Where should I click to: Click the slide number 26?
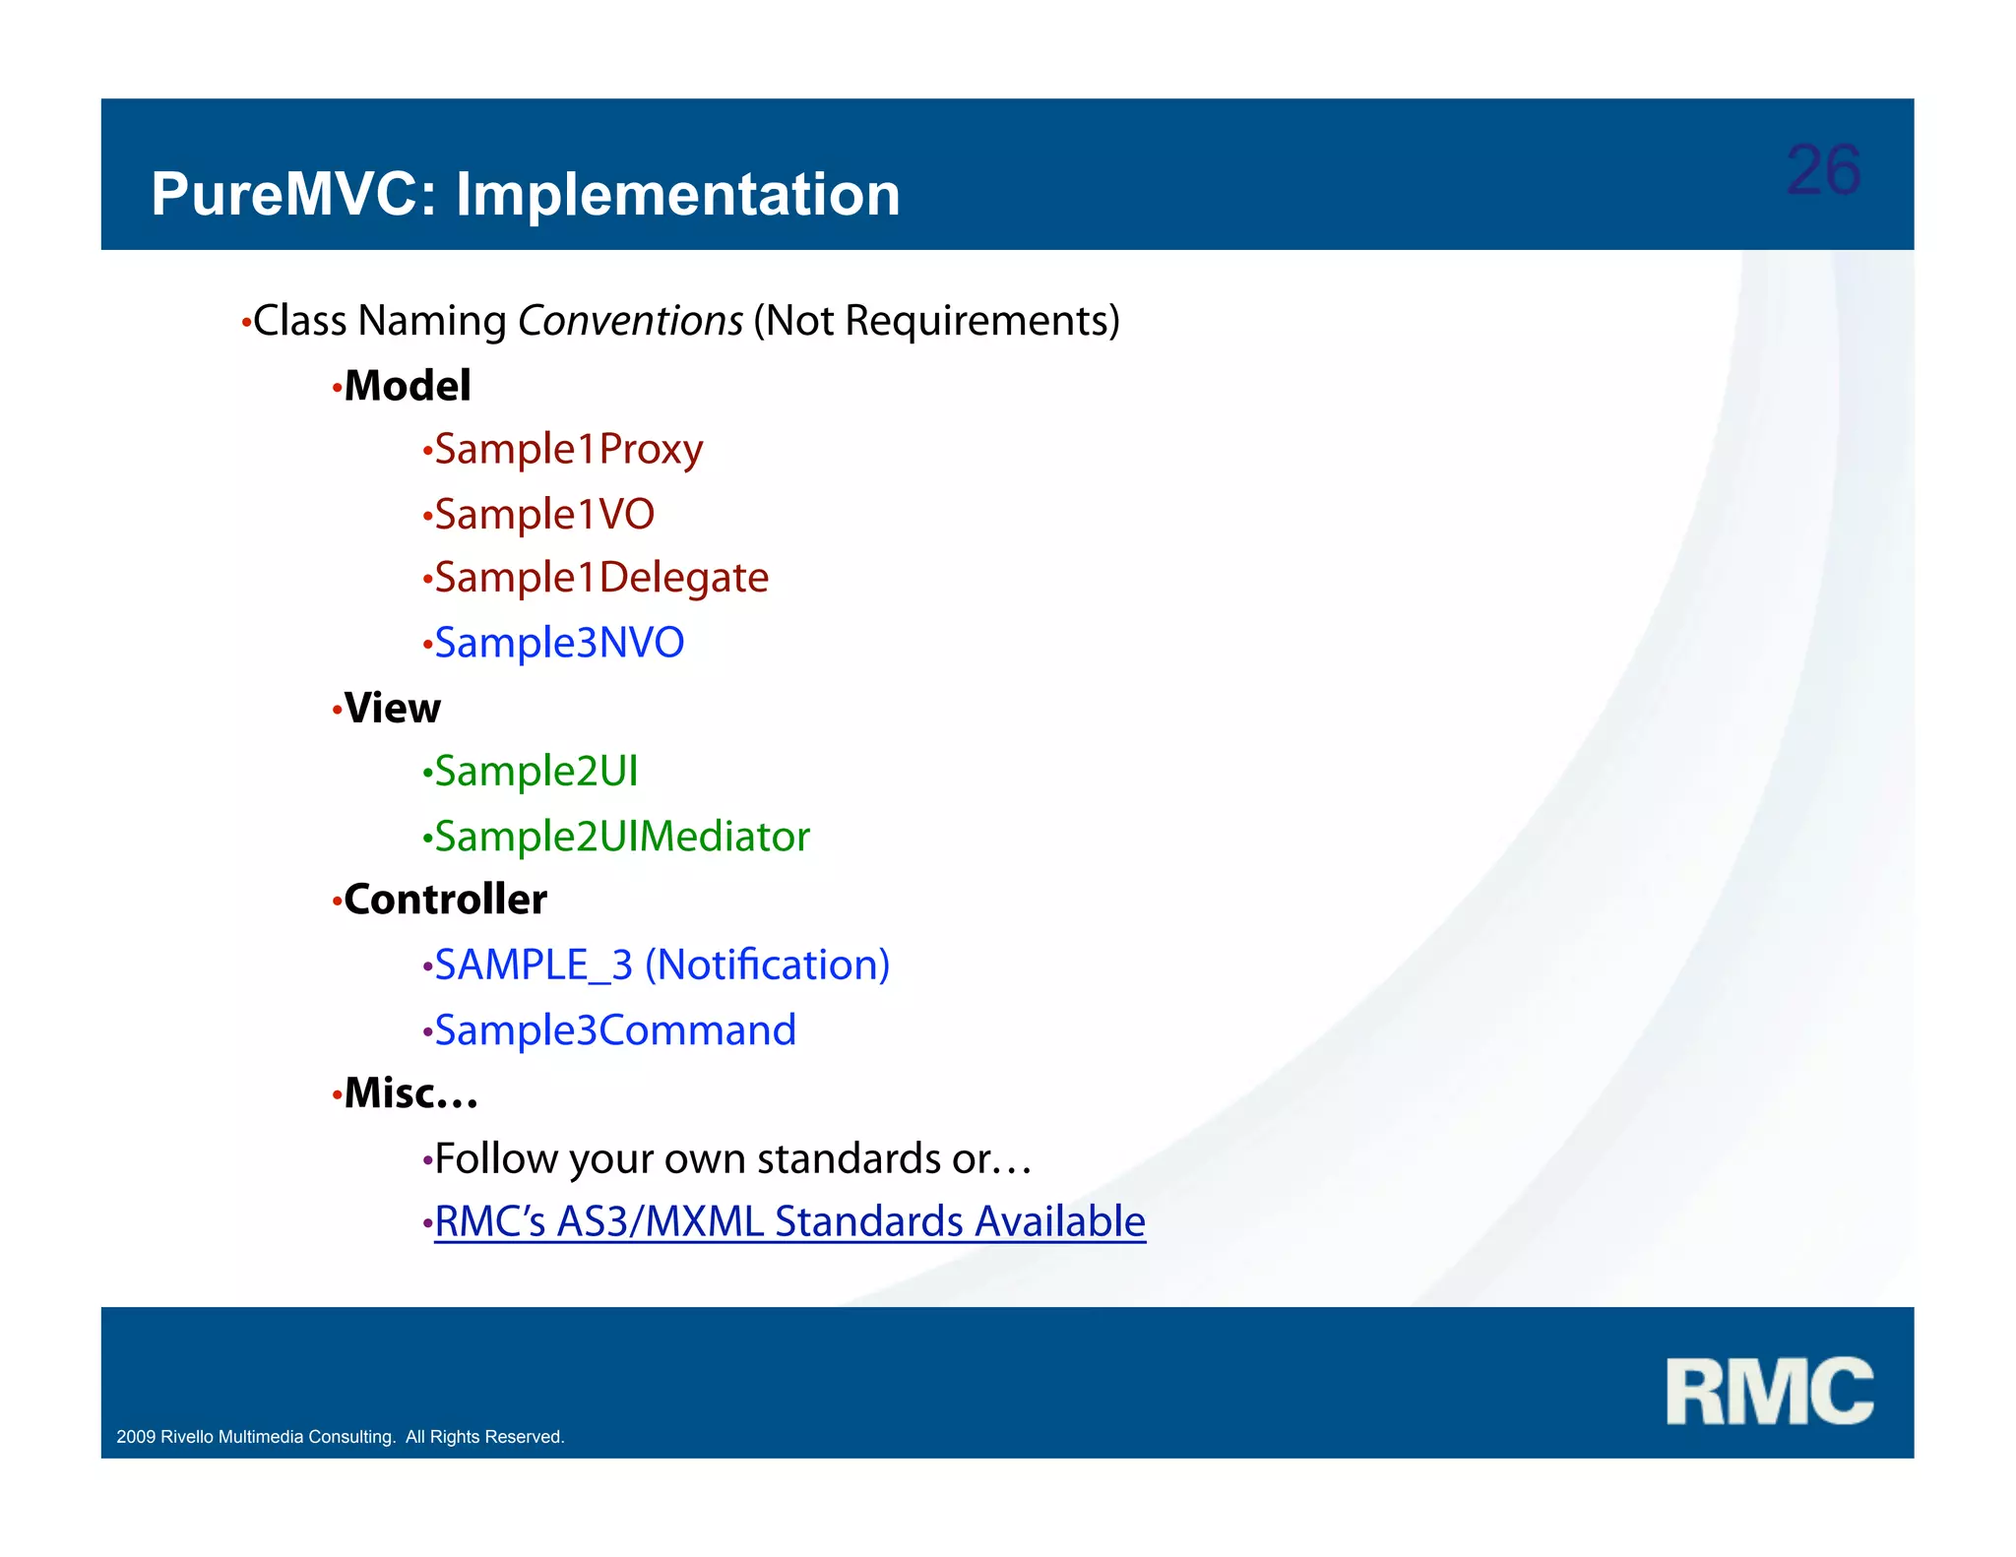[x=1822, y=170]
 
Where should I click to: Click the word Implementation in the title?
[x=677, y=194]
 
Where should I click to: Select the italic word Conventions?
[x=630, y=321]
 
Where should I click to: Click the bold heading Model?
[x=407, y=386]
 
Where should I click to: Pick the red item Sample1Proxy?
[x=568, y=450]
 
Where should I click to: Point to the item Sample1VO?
[x=543, y=515]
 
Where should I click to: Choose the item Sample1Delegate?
[x=600, y=578]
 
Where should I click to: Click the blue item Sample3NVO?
[x=558, y=643]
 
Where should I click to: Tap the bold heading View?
[x=392, y=708]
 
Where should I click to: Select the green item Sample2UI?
[x=535, y=772]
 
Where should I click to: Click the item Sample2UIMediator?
[x=621, y=837]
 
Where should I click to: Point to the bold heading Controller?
[x=445, y=900]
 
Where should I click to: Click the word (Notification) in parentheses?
[x=767, y=965]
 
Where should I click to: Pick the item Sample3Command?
[x=614, y=1030]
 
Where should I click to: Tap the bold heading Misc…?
[x=410, y=1093]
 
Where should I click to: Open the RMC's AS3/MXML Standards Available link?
[x=789, y=1222]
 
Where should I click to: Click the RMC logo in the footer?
[x=1769, y=1391]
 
